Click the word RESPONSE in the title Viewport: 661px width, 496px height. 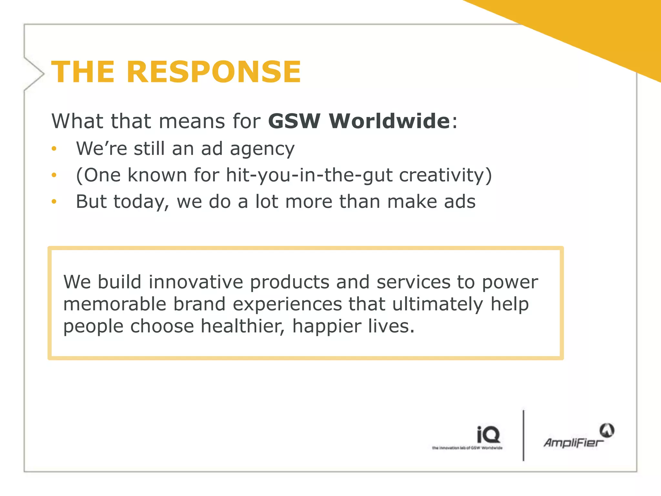[x=214, y=72]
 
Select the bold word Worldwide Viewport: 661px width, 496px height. [x=389, y=121]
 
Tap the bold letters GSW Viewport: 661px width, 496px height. [x=294, y=121]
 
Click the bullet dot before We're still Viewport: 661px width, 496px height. [x=54, y=149]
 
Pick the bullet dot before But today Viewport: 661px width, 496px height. [x=54, y=201]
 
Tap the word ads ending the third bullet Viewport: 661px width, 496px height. [x=460, y=201]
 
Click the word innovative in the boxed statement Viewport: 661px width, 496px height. [x=196, y=282]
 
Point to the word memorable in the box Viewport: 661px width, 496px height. [x=115, y=304]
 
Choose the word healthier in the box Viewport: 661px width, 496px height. [x=243, y=326]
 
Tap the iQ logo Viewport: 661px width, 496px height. [x=488, y=435]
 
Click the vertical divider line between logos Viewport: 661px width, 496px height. [x=523, y=435]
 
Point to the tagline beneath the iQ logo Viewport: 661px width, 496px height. [x=467, y=448]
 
